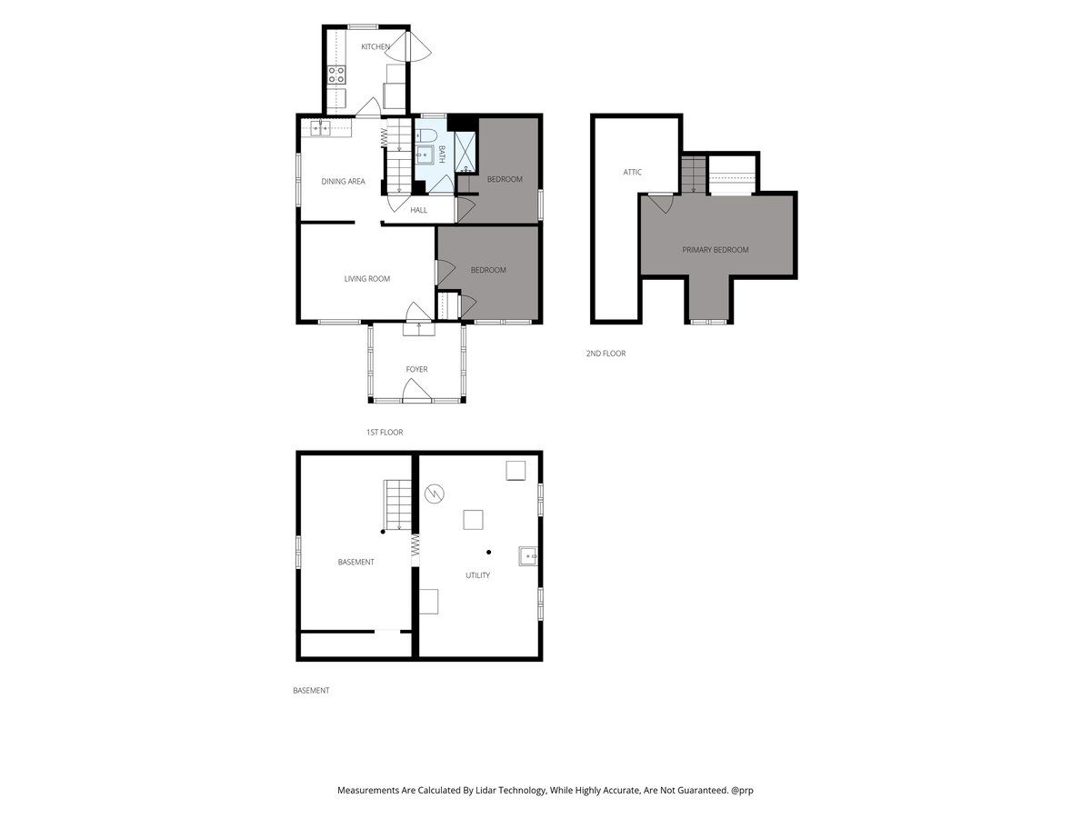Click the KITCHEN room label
[x=375, y=46]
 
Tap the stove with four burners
[x=336, y=75]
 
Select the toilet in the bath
[x=425, y=135]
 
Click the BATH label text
[x=441, y=155]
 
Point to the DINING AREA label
[x=343, y=181]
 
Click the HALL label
[x=418, y=210]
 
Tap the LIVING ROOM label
[x=366, y=279]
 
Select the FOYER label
[x=416, y=369]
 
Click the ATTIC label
[x=632, y=172]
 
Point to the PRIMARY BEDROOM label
[x=716, y=250]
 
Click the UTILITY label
[x=477, y=575]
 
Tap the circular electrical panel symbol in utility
[x=434, y=494]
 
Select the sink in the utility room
[x=527, y=555]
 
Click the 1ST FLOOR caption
[x=385, y=432]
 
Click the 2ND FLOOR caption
[x=606, y=354]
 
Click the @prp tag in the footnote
[x=742, y=790]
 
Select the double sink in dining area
[x=320, y=128]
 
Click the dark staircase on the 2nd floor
[x=694, y=175]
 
